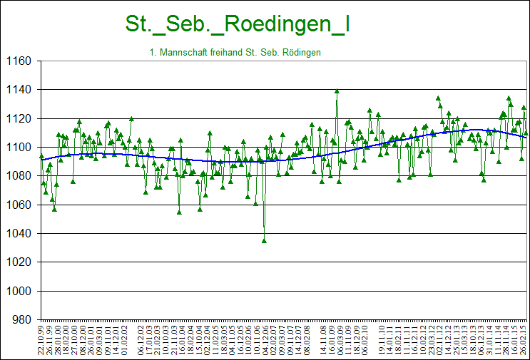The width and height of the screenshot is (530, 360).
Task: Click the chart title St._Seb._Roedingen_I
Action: pos(237,24)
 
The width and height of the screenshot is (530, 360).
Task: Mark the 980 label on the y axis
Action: pos(19,320)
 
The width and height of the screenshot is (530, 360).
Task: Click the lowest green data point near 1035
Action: pos(264,241)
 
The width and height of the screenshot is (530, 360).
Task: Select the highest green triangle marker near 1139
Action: pos(337,91)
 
